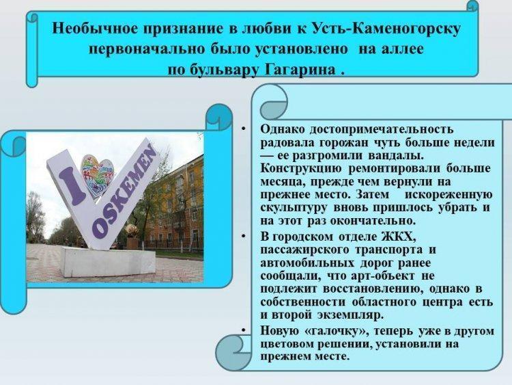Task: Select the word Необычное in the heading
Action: point(95,28)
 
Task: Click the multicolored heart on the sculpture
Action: point(97,176)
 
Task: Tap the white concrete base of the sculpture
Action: point(108,261)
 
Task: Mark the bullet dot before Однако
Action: point(244,130)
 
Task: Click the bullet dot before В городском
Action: point(244,236)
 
